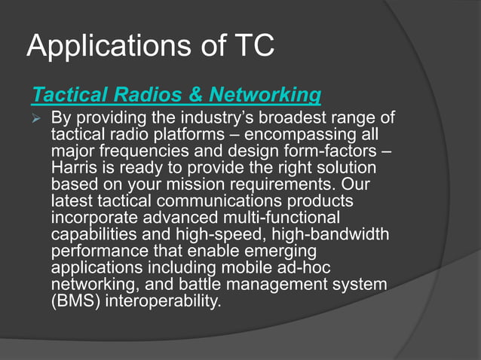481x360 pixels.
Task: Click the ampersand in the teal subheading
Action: click(x=196, y=96)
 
